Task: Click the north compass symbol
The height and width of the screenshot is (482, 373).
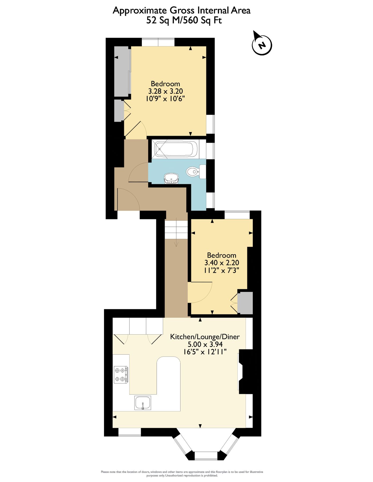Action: [x=262, y=45]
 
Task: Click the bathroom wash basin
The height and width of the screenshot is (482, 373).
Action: [x=171, y=178]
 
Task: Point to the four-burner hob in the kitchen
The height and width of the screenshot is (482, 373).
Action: [x=120, y=375]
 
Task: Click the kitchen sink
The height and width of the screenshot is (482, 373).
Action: [x=143, y=403]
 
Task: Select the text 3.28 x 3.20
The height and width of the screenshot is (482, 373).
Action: [x=165, y=91]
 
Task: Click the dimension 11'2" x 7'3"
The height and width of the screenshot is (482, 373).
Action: [x=221, y=270]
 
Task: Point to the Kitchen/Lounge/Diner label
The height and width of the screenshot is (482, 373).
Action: [x=205, y=337]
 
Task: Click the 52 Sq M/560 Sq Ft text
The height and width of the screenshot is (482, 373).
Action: [x=184, y=20]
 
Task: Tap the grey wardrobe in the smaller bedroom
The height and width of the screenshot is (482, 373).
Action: [x=245, y=303]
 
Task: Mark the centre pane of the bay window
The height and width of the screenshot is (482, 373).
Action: [x=206, y=456]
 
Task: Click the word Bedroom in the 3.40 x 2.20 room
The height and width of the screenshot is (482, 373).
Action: [x=221, y=255]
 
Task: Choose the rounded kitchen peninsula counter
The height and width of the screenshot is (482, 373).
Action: [x=168, y=383]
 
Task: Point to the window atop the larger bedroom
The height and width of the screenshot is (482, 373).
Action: [x=158, y=42]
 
